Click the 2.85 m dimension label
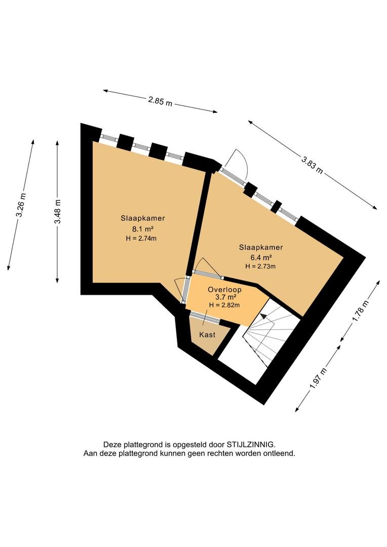[x=160, y=101]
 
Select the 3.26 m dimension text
[x=21, y=205]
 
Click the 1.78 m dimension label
[x=361, y=311]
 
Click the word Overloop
[x=224, y=290]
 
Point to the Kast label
[x=207, y=335]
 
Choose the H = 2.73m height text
[x=260, y=266]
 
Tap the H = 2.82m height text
[x=224, y=305]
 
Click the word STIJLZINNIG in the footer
[x=251, y=445]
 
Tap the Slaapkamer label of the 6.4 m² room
[x=261, y=248]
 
